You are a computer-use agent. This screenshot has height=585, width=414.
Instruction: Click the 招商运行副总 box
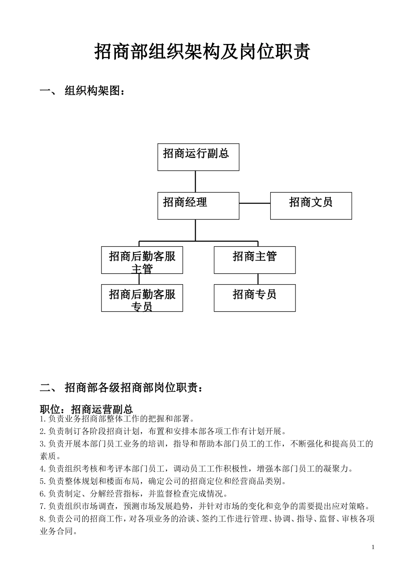click(x=198, y=157)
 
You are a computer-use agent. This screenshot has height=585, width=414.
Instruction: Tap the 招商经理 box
click(x=198, y=205)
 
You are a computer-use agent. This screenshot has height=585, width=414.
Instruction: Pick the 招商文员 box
click(x=311, y=205)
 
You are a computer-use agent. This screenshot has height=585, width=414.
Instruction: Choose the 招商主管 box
click(x=255, y=260)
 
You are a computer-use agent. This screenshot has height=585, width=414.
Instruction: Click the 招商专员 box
click(x=255, y=298)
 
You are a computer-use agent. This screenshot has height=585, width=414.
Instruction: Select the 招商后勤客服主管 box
click(x=142, y=260)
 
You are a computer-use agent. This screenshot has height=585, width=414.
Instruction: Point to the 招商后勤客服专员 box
click(x=142, y=298)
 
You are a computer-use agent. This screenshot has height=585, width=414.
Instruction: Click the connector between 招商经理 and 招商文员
click(x=255, y=203)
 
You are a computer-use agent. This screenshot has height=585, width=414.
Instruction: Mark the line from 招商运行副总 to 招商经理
click(x=195, y=181)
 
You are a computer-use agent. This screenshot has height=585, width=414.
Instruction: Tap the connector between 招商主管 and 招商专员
click(x=258, y=279)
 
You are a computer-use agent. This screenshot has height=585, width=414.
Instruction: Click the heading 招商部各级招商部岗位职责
click(x=133, y=387)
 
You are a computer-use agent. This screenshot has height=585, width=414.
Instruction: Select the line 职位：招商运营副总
click(x=86, y=409)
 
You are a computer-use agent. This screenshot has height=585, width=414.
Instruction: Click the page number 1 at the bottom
click(x=373, y=547)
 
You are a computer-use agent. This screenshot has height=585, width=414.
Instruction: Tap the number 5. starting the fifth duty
click(x=43, y=481)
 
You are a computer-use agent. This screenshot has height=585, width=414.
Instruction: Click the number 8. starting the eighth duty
click(x=43, y=519)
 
